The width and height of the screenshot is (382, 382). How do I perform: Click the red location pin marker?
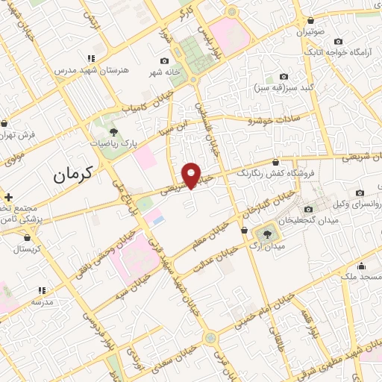pos(192,174)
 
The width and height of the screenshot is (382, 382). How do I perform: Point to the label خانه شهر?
pos(163,72)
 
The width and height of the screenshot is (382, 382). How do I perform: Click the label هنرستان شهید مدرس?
pos(92,69)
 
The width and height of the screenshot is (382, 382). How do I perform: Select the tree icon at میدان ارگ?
pos(268,234)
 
